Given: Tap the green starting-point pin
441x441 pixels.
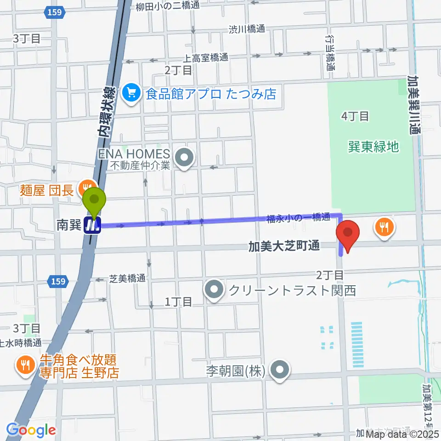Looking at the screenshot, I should click(94, 201).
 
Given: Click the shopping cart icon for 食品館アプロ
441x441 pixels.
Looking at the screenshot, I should click(131, 94).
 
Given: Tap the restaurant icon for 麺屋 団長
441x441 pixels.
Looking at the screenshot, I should click(85, 187).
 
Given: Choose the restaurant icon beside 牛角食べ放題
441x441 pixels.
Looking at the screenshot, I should click(23, 365).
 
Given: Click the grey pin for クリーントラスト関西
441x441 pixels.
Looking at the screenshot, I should click(215, 290).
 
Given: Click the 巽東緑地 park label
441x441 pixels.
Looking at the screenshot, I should click(373, 147).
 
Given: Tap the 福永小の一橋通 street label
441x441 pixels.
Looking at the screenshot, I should click(298, 219).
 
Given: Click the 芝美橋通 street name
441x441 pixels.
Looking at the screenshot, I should click(127, 278).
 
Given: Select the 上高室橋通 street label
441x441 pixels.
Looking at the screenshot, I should click(205, 58).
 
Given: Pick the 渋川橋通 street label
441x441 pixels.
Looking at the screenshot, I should click(247, 29).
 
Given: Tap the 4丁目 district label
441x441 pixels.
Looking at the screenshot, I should click(355, 116).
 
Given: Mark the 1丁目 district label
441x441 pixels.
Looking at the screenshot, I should click(178, 301).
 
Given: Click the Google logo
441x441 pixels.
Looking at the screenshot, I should click(31, 430).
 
